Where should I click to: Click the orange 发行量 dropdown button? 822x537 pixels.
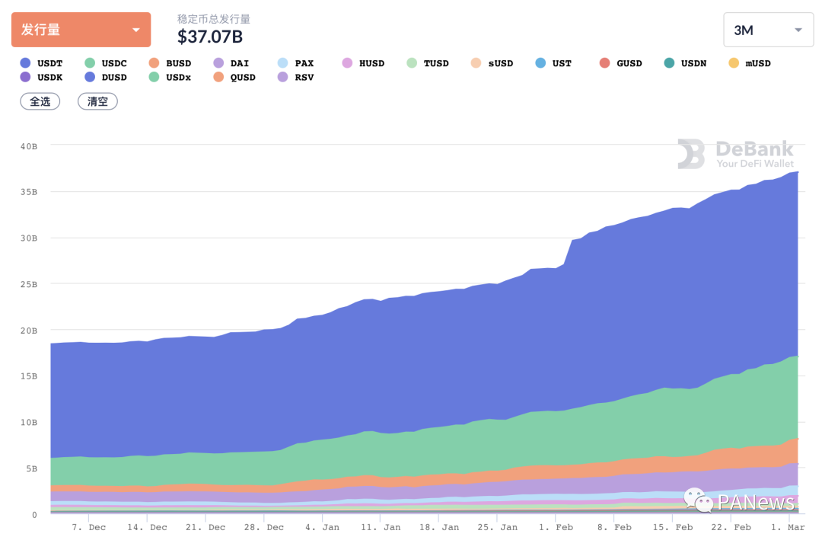coord(81,30)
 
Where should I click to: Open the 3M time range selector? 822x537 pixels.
coord(768,30)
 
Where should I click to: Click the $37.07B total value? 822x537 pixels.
coord(210,36)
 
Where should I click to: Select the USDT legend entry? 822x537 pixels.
coord(42,63)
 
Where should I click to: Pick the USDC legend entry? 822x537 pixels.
coord(106,63)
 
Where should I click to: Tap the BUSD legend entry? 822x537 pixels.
coord(170,63)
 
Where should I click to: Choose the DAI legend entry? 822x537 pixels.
coord(231,63)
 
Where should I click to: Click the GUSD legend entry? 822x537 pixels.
coord(621,63)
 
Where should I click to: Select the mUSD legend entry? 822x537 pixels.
coord(750,63)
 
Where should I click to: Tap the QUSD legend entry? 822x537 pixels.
coord(234,77)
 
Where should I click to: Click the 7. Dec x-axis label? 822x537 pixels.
coord(89,527)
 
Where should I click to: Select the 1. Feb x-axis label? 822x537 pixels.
coord(556,527)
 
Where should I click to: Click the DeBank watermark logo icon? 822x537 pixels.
coord(691,153)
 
